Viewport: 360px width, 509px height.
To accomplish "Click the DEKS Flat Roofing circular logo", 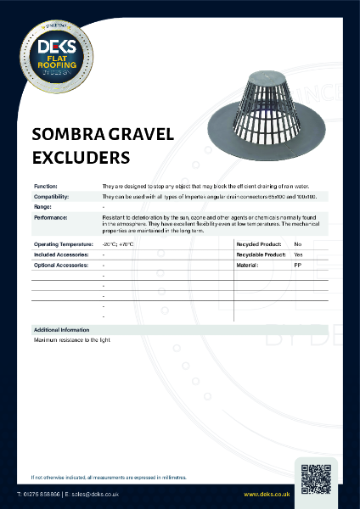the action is [53, 53].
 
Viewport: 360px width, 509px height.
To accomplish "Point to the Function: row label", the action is [46, 185].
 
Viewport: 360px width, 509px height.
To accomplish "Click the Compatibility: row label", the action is [51, 196].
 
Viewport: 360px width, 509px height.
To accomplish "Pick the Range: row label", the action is [42, 206].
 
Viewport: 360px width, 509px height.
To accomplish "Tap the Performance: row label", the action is [51, 217].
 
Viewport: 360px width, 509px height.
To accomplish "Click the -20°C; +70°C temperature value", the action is [118, 243].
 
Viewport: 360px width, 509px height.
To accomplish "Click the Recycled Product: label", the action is [258, 243].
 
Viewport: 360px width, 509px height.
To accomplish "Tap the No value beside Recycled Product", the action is [297, 243].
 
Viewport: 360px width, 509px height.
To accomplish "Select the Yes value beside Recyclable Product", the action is [298, 255].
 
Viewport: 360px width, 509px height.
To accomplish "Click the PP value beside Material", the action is [297, 265].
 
